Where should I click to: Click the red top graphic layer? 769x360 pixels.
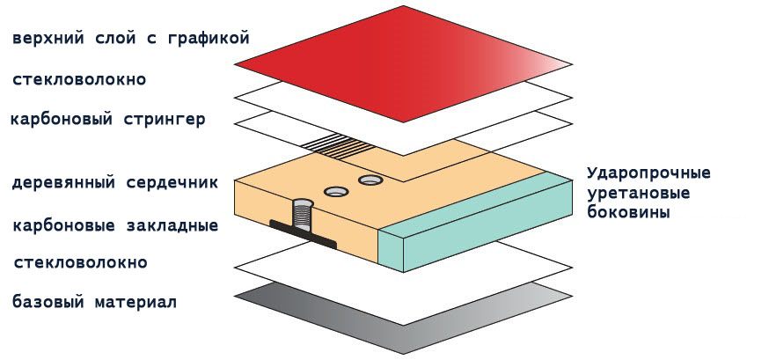pyautogui.click(x=403, y=63)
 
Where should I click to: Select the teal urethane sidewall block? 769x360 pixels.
pyautogui.click(x=475, y=224)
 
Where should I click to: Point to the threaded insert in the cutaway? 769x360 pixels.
pyautogui.click(x=303, y=216)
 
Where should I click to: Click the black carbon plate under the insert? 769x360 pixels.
pyautogui.click(x=303, y=234)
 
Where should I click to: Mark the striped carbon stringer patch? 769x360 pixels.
pyautogui.click(x=337, y=144)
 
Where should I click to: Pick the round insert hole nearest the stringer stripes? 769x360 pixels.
pyautogui.click(x=370, y=180)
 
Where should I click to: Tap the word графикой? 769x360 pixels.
pyautogui.click(x=209, y=39)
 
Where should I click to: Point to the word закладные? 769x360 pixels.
pyautogui.click(x=172, y=226)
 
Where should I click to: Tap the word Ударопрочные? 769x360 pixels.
pyautogui.click(x=648, y=174)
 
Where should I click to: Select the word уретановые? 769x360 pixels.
pyautogui.click(x=639, y=194)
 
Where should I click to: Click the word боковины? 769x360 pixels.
pyautogui.click(x=629, y=212)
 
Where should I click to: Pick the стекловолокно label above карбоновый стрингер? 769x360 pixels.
pyautogui.click(x=79, y=80)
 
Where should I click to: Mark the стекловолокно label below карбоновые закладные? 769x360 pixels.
pyautogui.click(x=80, y=263)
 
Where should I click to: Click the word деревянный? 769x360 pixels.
pyautogui.click(x=63, y=183)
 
